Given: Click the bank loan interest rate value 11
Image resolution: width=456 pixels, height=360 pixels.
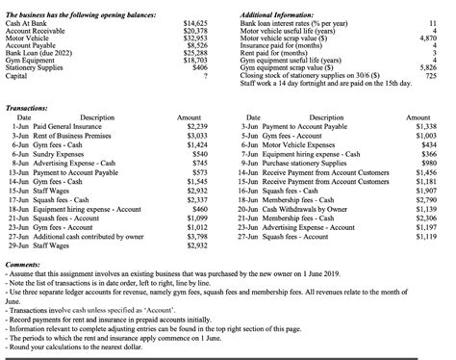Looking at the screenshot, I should pos(437,22).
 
